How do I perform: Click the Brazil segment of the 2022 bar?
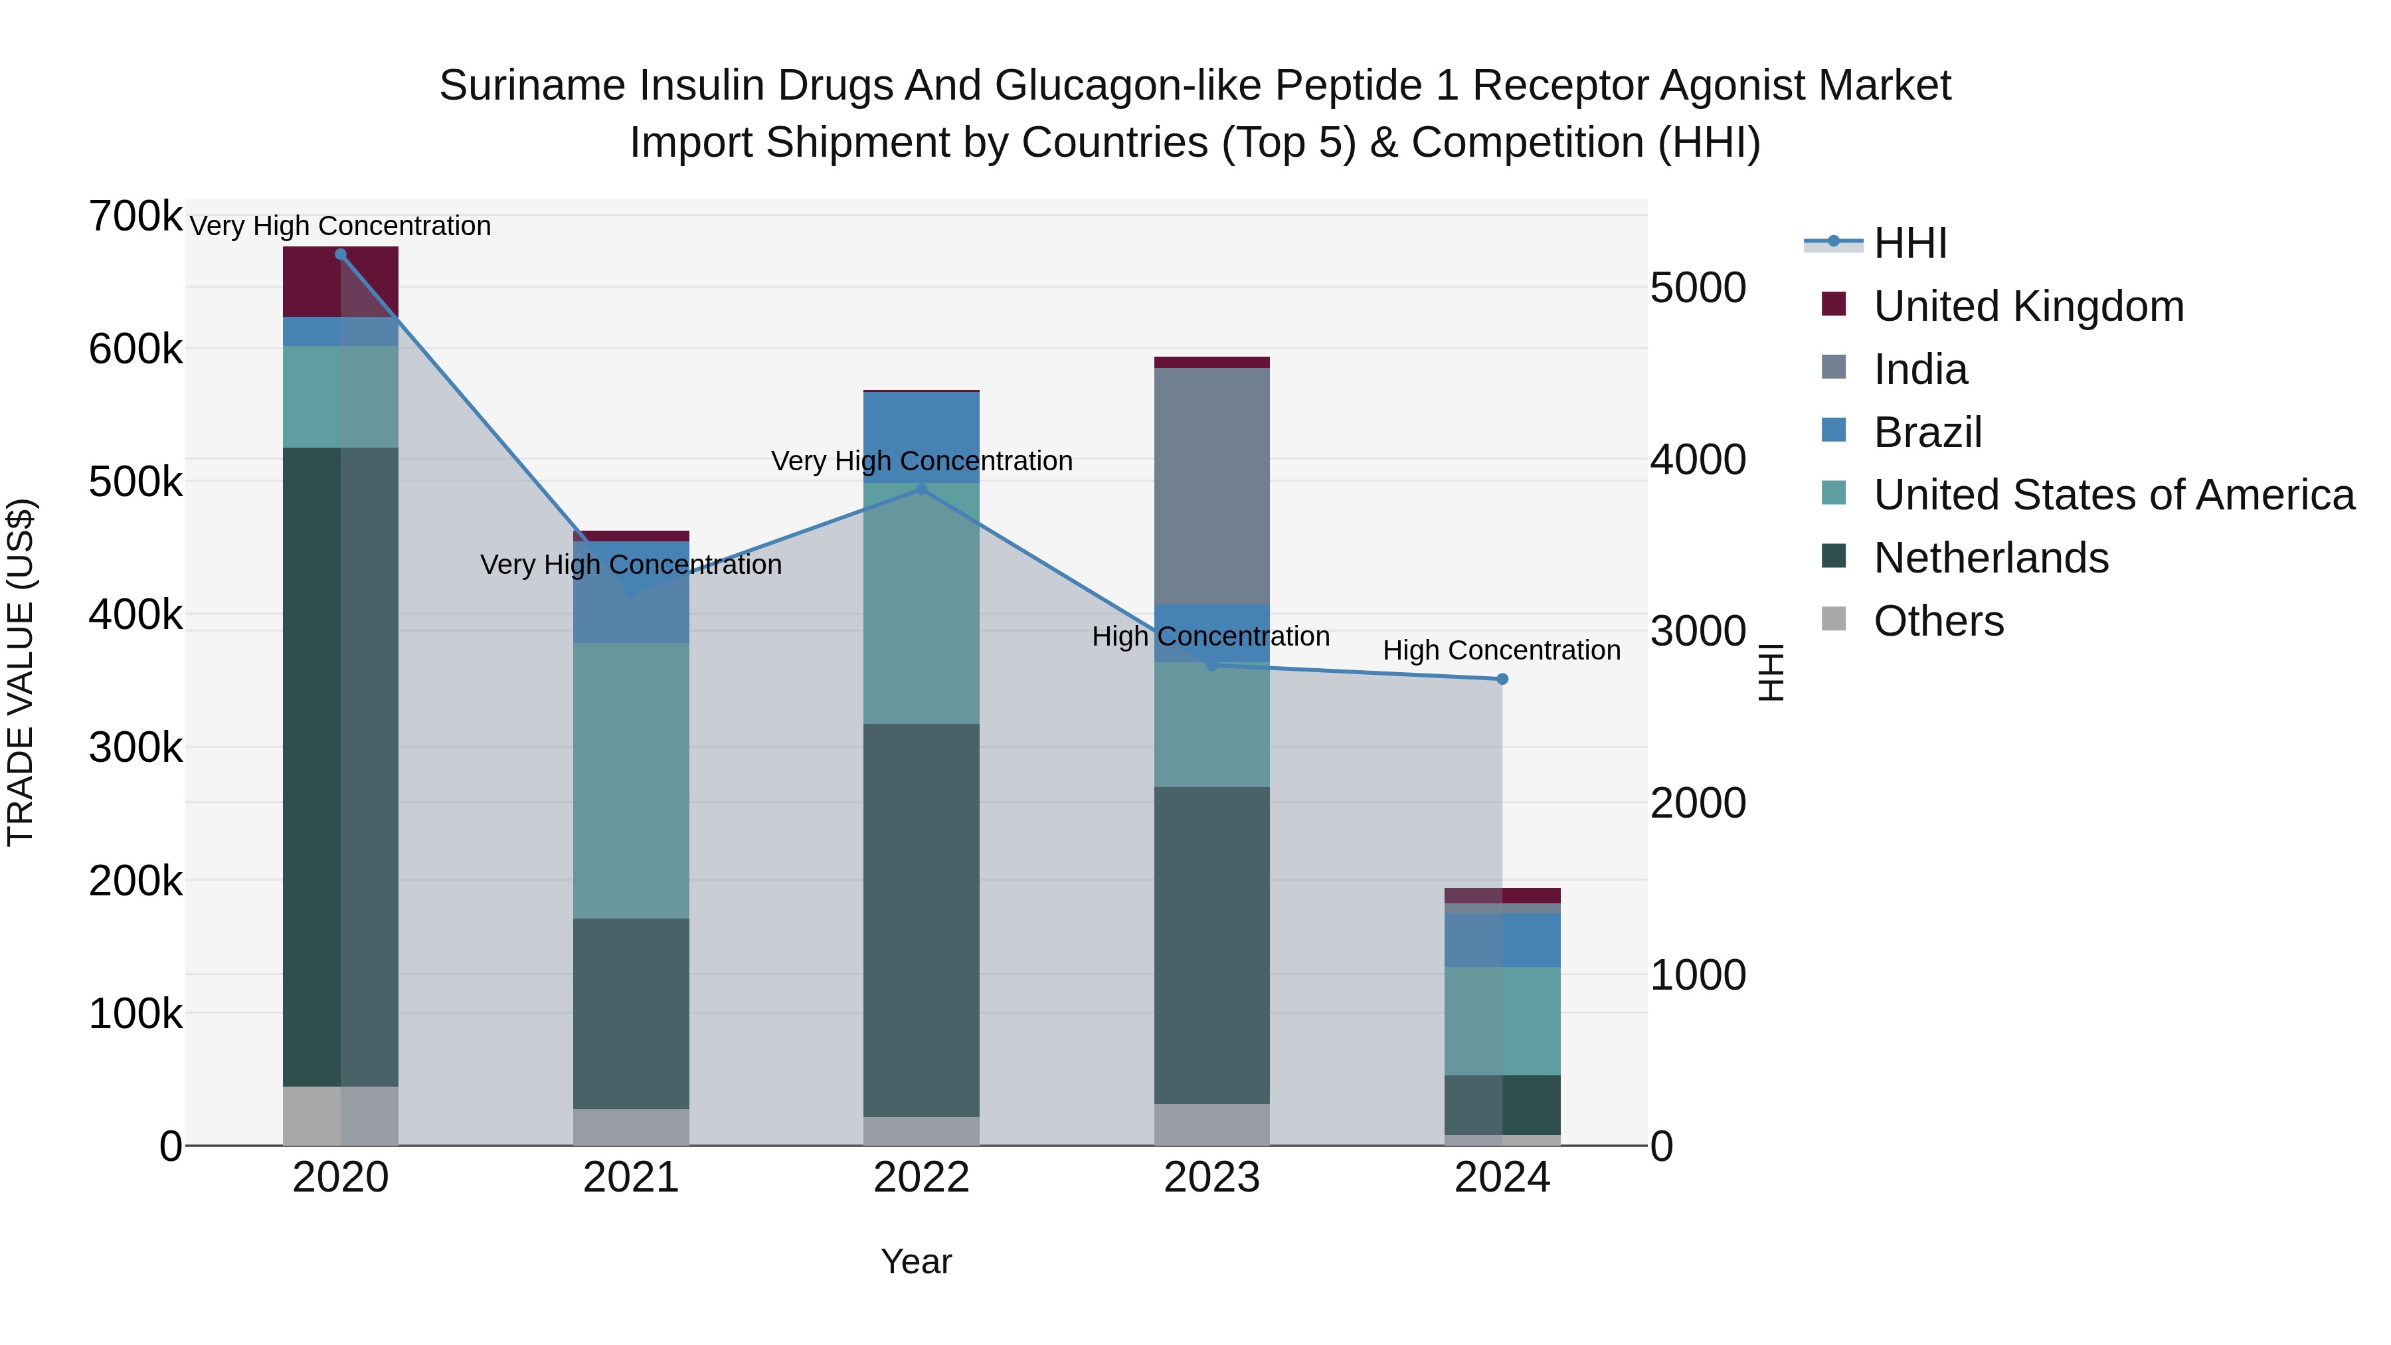pos(921,437)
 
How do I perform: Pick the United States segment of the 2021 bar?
pos(630,780)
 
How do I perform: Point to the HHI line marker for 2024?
pos(1502,679)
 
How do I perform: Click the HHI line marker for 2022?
pos(921,489)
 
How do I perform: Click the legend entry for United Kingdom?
pos(2028,306)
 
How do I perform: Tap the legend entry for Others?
pos(1938,621)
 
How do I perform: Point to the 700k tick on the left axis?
pos(135,217)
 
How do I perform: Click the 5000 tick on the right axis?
pos(1698,288)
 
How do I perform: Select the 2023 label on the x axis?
pos(1211,1178)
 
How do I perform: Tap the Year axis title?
pos(916,1261)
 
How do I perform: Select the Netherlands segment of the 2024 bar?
pos(1502,1105)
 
